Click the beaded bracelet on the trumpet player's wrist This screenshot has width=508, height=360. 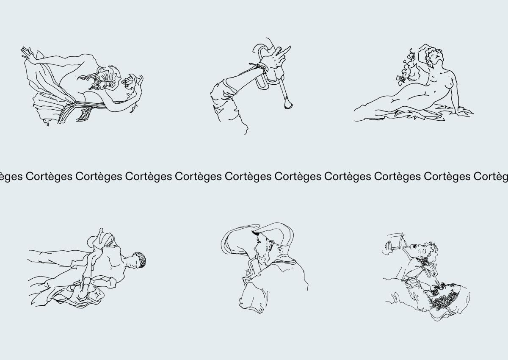(x=260, y=68)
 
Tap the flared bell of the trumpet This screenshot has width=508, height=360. (x=288, y=104)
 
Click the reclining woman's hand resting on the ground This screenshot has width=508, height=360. (x=465, y=112)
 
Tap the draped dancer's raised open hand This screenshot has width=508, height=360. (x=27, y=53)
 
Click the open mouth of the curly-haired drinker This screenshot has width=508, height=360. (x=414, y=246)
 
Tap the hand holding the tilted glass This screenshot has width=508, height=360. (x=388, y=246)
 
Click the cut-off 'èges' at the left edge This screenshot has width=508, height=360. (x=11, y=177)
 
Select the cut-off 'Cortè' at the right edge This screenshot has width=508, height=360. (x=491, y=176)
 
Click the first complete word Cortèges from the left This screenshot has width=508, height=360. (x=49, y=177)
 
